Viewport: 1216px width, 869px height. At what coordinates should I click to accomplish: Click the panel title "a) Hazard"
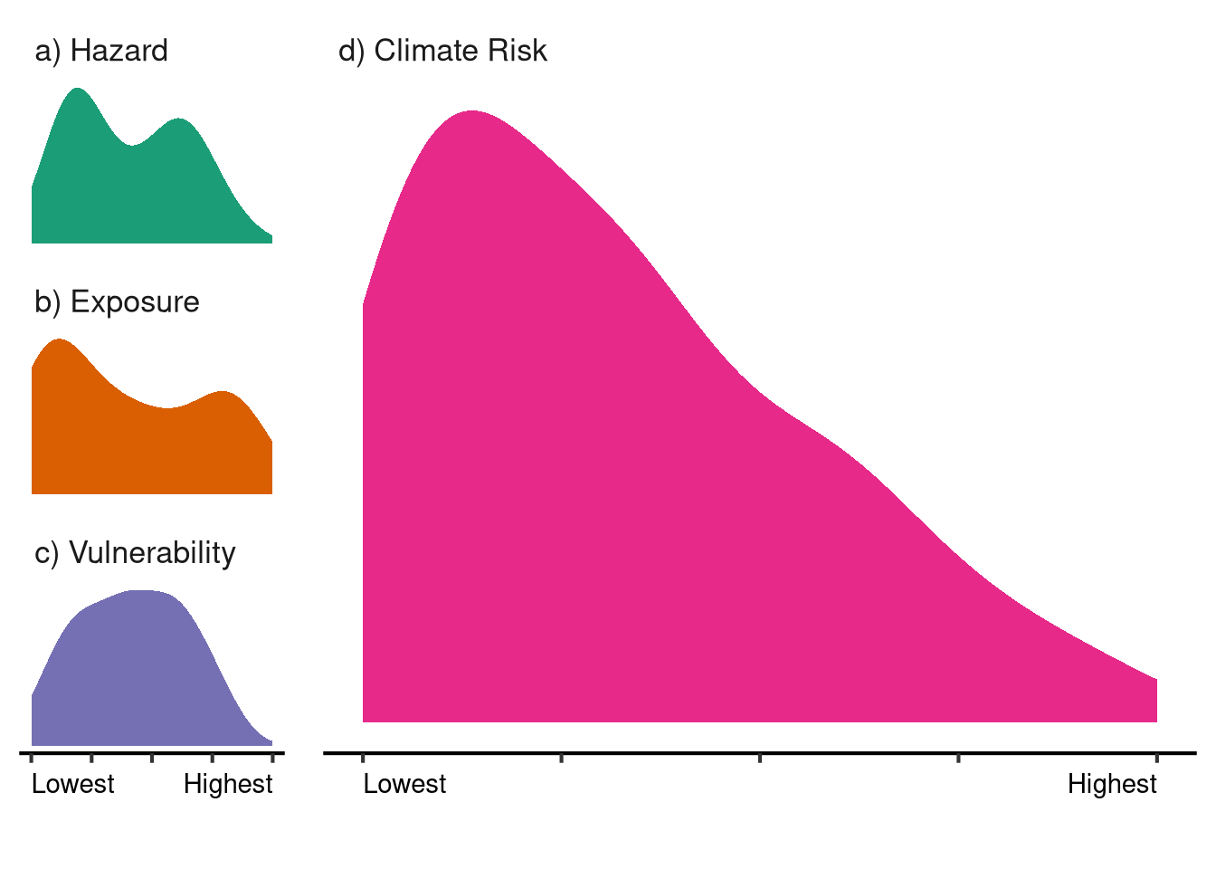tap(101, 51)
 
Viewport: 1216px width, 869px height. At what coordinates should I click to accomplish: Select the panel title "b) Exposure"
tap(117, 301)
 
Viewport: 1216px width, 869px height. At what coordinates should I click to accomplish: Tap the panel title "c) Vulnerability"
tap(135, 552)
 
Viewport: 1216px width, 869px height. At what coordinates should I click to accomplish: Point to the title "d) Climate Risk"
tap(442, 51)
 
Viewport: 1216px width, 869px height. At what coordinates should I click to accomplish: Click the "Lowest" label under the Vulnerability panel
tap(73, 784)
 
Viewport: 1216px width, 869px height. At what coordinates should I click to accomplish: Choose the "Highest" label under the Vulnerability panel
tap(228, 784)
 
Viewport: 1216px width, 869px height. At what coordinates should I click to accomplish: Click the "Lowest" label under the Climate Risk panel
tap(404, 784)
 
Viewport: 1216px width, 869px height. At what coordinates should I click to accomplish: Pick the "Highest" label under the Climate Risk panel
tap(1112, 784)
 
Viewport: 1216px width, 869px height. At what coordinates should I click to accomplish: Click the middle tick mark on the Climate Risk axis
tap(760, 756)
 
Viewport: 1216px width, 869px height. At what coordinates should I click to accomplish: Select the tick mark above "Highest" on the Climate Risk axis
tap(1157, 756)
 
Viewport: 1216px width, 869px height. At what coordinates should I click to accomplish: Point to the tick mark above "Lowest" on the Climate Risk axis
tap(363, 756)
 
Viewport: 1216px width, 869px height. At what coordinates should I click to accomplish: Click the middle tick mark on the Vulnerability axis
tap(152, 756)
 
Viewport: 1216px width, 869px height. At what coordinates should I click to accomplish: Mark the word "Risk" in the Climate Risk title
tap(518, 51)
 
